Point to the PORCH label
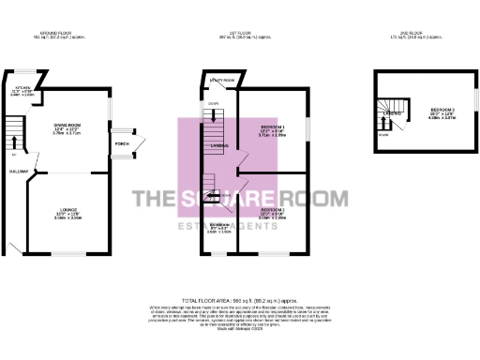pos(121,143)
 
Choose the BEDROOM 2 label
pos(272,210)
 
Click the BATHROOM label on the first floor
pos(218,225)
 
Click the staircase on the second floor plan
pos(389,116)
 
